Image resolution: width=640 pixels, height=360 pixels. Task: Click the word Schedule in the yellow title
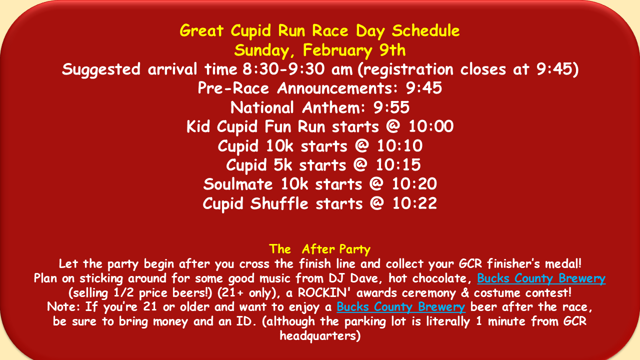[x=425, y=30]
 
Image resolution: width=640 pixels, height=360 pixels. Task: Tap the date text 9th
[x=392, y=50]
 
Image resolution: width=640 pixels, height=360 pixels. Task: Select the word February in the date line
[x=337, y=51]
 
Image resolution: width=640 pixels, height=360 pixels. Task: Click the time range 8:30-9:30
[x=283, y=69]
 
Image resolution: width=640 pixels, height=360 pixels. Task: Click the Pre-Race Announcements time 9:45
[x=423, y=88]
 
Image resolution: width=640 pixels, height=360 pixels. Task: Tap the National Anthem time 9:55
[x=391, y=107]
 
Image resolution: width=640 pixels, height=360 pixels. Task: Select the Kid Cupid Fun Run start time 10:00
[x=431, y=126]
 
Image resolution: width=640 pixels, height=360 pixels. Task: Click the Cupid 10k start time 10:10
[x=399, y=145]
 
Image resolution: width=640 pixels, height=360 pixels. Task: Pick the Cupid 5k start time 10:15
[x=398, y=165]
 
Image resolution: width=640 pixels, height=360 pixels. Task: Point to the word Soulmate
[x=238, y=184]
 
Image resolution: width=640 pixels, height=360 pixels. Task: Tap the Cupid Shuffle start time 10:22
[x=414, y=203]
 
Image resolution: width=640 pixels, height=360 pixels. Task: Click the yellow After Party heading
[x=319, y=249]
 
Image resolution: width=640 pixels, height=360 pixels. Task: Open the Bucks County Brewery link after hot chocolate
[x=541, y=278]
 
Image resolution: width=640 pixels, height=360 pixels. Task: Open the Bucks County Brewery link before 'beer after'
[x=401, y=307]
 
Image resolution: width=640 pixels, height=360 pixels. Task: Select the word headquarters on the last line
[x=320, y=335]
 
